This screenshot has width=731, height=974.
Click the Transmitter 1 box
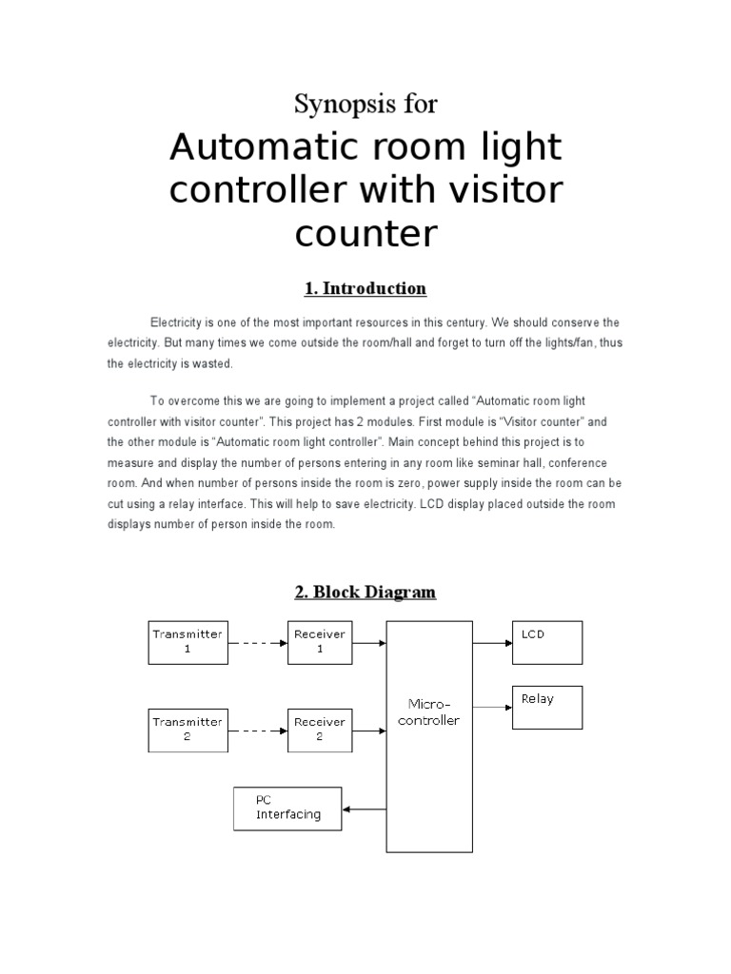[x=188, y=642]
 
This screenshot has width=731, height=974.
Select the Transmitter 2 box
[x=188, y=730]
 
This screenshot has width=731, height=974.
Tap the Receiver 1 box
[x=319, y=642]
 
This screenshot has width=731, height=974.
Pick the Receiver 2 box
[x=319, y=730]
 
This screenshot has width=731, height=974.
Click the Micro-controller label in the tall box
[x=428, y=712]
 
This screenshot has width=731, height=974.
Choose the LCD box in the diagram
[x=547, y=642]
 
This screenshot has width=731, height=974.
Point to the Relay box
[x=547, y=707]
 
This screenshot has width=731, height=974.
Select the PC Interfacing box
[x=287, y=808]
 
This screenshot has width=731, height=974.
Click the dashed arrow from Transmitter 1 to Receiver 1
[x=257, y=643]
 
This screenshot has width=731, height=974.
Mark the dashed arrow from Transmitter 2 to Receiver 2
[x=257, y=730]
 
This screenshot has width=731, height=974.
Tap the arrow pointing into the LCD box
[x=492, y=643]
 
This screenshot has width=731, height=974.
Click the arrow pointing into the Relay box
[x=492, y=708]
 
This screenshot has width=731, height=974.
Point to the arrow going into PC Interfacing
[x=364, y=809]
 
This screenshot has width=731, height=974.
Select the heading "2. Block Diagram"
[x=365, y=593]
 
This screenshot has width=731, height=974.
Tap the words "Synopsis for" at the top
[x=365, y=104]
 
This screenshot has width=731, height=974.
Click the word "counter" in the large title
[x=365, y=232]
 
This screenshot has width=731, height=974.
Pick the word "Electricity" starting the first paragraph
[x=176, y=323]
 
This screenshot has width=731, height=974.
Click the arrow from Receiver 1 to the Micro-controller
[x=368, y=643]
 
